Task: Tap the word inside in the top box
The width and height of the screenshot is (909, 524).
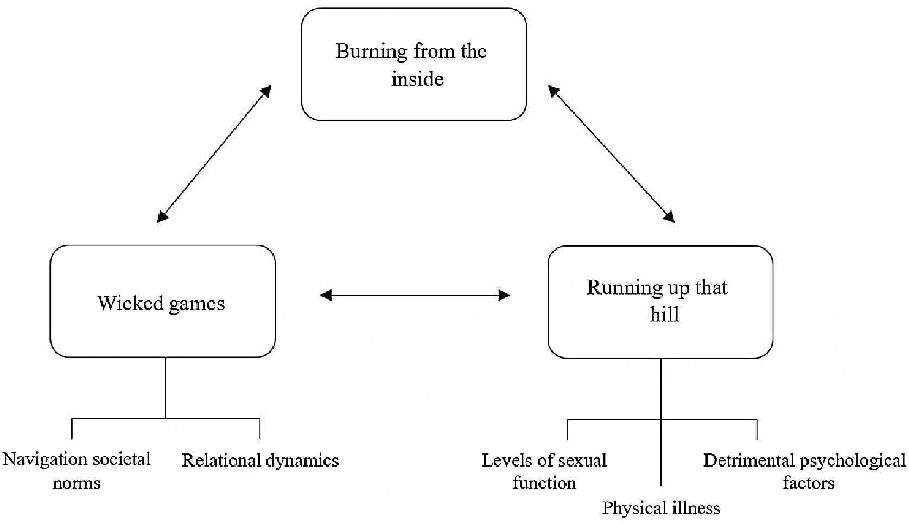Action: (x=417, y=79)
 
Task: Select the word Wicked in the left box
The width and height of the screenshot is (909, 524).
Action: (x=130, y=303)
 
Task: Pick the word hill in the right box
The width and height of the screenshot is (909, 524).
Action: (x=664, y=314)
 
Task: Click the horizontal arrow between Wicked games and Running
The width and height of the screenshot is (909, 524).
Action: (x=415, y=295)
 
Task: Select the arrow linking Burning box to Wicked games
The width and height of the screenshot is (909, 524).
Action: (x=214, y=154)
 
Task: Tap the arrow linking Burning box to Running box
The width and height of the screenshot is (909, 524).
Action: (x=611, y=154)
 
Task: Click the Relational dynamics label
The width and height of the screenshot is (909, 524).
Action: (x=260, y=461)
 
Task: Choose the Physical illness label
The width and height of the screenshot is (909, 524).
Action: (x=660, y=508)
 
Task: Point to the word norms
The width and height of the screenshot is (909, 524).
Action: (x=77, y=483)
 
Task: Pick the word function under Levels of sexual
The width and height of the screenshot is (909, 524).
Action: (x=544, y=483)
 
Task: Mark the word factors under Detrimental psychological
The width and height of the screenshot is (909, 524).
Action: (x=809, y=483)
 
